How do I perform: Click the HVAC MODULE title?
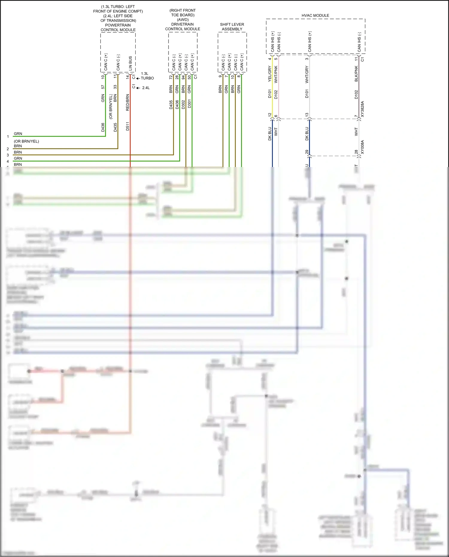point(315,15)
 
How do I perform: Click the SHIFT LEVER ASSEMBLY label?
point(232,27)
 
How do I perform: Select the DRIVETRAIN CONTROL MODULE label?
point(183,27)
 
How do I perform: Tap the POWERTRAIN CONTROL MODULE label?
point(118,28)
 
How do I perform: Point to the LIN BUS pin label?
point(130,63)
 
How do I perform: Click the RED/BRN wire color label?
point(128,102)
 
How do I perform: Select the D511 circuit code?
point(128,126)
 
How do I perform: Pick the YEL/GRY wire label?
point(270,74)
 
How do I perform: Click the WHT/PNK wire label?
point(276,74)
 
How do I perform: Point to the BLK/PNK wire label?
point(356,74)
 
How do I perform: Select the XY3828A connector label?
point(362,109)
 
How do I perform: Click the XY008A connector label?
point(362,147)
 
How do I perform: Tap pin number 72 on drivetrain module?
point(171,77)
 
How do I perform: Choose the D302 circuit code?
point(183,104)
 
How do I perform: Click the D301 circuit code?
point(189,104)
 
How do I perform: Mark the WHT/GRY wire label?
point(307,75)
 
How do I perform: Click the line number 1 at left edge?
point(8,136)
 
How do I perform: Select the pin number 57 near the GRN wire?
point(103,87)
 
